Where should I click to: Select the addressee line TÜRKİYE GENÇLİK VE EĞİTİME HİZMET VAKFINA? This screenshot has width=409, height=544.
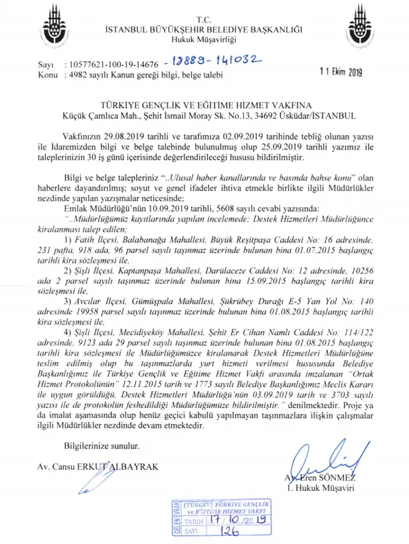[x=204, y=105]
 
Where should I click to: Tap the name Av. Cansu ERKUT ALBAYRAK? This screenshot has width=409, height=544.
[x=98, y=466]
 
